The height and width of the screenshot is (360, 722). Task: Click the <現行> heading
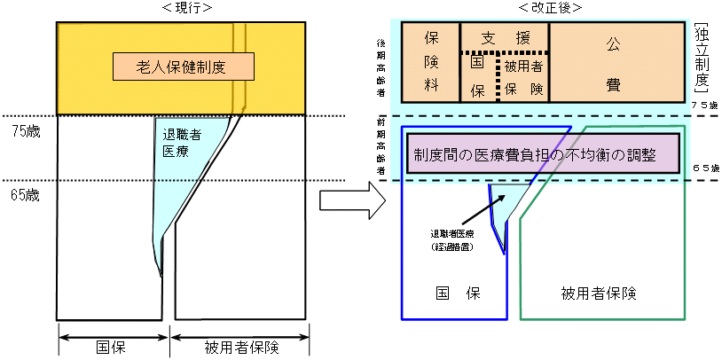[x=183, y=8]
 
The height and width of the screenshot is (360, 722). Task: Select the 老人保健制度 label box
[x=184, y=66]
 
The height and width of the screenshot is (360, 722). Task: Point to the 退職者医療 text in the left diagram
[x=182, y=145]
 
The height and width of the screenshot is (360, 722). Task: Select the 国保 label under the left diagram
[x=112, y=348]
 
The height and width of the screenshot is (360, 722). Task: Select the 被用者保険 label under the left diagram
[x=240, y=348]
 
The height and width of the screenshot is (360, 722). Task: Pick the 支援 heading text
[x=504, y=39]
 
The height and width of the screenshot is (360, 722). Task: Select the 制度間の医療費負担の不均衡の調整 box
[x=542, y=153]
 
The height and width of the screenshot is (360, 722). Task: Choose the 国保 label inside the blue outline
[x=452, y=292]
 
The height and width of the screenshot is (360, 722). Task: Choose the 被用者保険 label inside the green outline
[x=600, y=292]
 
